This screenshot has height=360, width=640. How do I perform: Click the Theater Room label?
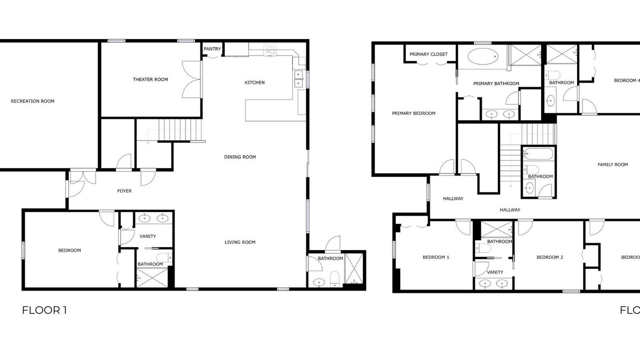150,79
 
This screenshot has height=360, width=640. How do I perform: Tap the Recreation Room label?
32,101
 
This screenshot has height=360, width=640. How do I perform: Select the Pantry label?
212,49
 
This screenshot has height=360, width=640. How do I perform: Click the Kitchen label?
254,82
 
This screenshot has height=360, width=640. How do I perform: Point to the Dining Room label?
240,157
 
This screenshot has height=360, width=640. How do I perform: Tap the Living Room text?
240,242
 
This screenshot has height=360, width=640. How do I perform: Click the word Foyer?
124,191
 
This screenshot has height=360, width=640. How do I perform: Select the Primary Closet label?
428,54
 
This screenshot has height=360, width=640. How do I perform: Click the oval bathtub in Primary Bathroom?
483,56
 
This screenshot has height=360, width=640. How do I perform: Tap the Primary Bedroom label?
413,113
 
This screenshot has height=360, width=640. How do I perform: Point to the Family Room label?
613,164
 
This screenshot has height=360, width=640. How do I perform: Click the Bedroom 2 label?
549,257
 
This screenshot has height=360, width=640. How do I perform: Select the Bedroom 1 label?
435,257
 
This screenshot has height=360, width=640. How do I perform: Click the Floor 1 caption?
44,310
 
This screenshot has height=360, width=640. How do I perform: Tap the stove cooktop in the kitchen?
270,49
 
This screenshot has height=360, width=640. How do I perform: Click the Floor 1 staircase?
180,129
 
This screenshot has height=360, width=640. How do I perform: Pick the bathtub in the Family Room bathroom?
539,153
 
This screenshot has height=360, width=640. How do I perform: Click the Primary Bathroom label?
496,83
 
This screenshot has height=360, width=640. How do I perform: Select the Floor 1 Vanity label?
147,236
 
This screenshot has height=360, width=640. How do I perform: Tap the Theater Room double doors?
191,79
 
